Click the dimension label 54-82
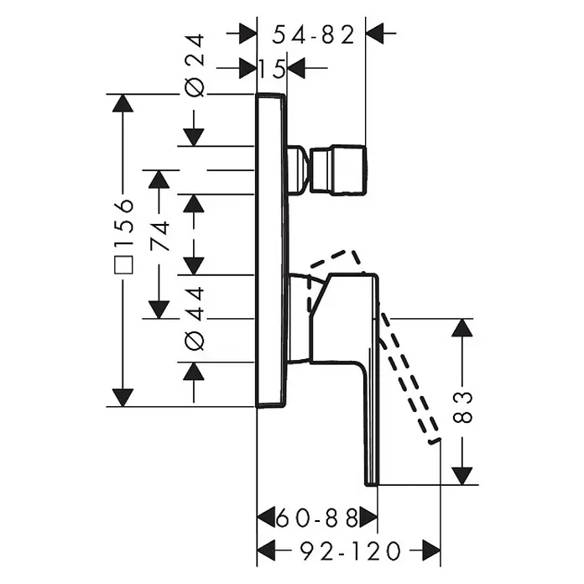(x=313, y=36)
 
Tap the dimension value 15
(x=272, y=70)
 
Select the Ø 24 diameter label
(x=195, y=65)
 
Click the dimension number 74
(x=160, y=236)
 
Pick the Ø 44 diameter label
(x=195, y=319)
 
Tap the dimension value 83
(x=462, y=407)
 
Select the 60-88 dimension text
(x=317, y=518)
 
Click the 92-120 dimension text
(x=351, y=551)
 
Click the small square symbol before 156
(x=123, y=265)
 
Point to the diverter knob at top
(x=326, y=169)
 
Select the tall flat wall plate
(x=272, y=249)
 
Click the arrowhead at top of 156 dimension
(x=123, y=103)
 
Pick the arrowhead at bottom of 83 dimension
(x=462, y=477)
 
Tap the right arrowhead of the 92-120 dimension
(x=431, y=550)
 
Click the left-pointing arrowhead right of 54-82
(x=375, y=34)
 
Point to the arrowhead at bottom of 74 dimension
(x=159, y=310)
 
